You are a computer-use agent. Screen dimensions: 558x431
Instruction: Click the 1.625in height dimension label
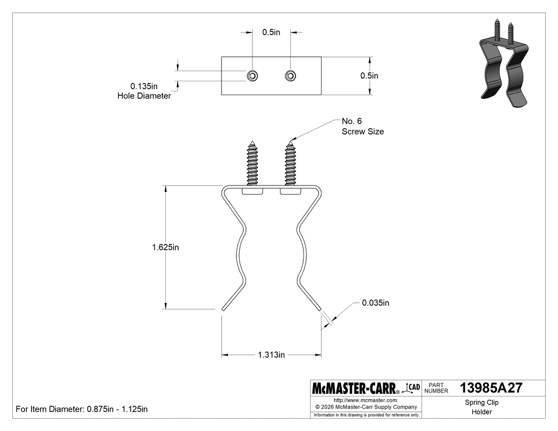tap(165, 247)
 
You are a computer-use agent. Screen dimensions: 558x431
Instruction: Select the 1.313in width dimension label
tap(271, 355)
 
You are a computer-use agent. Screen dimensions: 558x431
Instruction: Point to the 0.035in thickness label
tap(375, 303)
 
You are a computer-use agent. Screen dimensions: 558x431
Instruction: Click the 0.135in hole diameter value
tap(144, 86)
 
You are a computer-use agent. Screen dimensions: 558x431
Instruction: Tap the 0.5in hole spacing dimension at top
tap(271, 32)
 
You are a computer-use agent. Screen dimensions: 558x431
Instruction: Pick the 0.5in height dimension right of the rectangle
tap(369, 75)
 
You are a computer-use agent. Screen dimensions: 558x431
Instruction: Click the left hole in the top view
tap(252, 76)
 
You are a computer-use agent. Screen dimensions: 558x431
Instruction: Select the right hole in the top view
tap(290, 76)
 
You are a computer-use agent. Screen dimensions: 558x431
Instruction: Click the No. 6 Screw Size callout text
tap(362, 126)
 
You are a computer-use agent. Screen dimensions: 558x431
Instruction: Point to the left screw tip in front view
tap(252, 141)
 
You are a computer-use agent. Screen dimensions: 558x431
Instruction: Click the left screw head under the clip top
tap(252, 191)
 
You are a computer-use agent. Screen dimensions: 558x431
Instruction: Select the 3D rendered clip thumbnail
tap(503, 63)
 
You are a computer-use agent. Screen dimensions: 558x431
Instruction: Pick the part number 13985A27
tap(491, 388)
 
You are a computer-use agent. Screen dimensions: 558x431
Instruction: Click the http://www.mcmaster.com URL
tap(365, 400)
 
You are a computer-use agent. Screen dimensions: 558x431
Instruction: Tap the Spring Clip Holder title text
tap(481, 407)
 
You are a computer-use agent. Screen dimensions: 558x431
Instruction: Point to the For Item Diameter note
tap(81, 409)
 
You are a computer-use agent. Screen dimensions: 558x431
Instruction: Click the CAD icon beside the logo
tap(411, 388)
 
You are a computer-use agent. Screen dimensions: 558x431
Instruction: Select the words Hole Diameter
tap(144, 96)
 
